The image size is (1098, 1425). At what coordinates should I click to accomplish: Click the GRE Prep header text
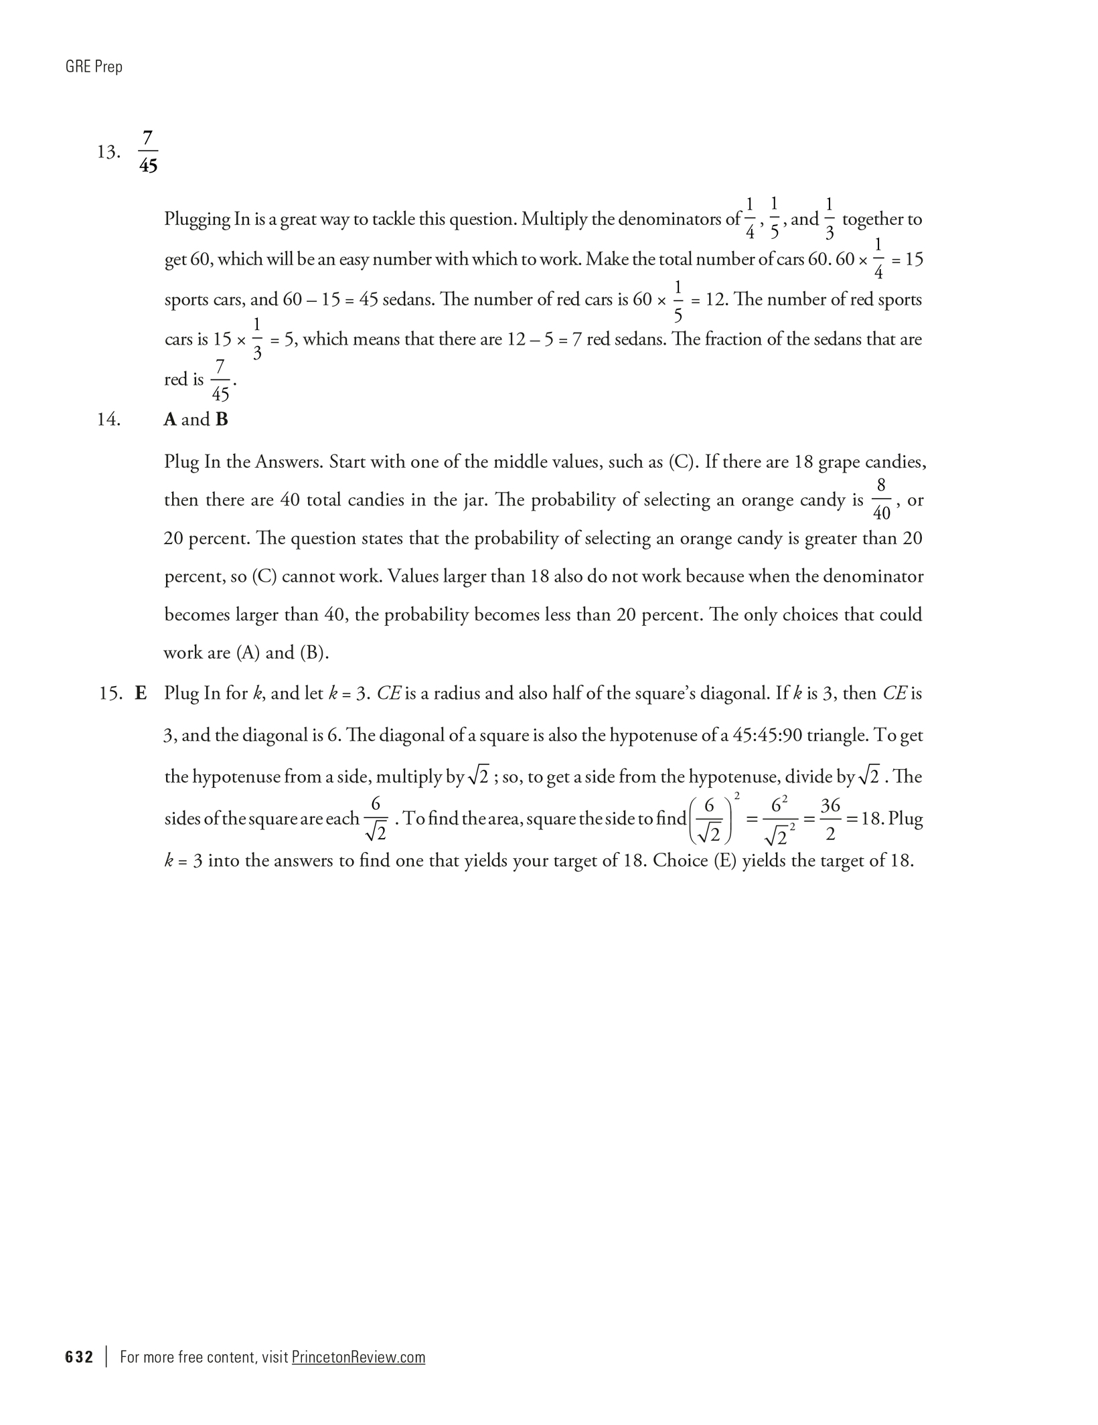tap(94, 67)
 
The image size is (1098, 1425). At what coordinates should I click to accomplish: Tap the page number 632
tap(79, 1357)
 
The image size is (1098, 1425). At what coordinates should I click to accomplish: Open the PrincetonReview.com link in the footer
tap(358, 1357)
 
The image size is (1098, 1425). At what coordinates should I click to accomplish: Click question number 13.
tap(108, 153)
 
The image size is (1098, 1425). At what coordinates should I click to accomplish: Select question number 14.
tap(108, 420)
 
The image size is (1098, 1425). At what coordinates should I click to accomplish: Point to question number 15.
tap(110, 693)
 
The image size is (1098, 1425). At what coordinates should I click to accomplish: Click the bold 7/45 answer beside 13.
tap(149, 153)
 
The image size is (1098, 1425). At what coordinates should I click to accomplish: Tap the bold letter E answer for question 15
tap(141, 693)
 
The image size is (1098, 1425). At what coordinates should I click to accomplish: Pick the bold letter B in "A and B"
tap(222, 420)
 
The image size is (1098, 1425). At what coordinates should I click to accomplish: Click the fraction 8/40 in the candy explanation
tap(882, 499)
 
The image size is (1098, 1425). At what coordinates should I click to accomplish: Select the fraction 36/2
tap(830, 819)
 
